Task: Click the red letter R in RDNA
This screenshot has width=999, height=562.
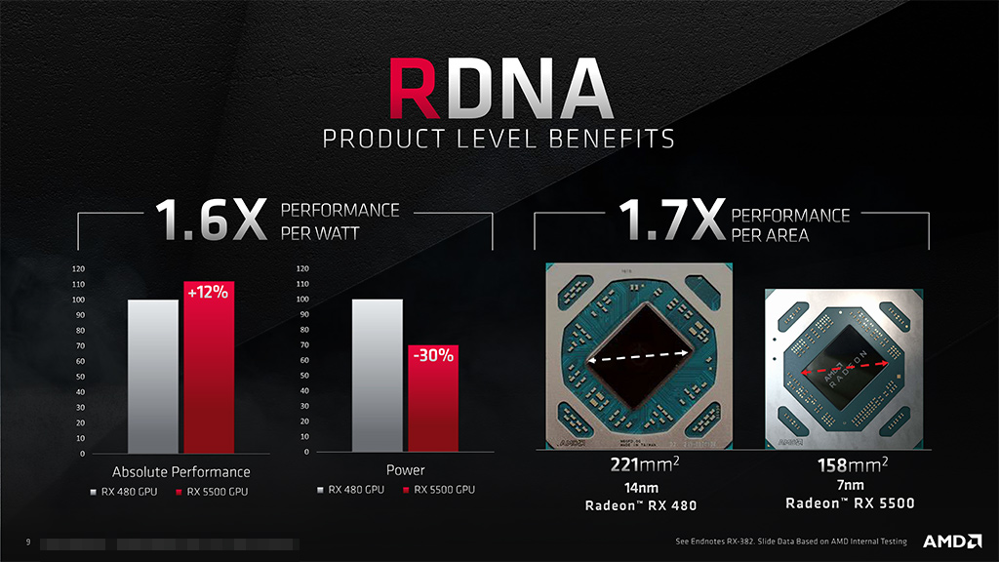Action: (x=422, y=89)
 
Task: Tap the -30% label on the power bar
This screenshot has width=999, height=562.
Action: (x=433, y=355)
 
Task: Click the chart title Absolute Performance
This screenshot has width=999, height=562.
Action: (x=180, y=471)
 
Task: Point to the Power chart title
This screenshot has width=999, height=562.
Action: (x=405, y=470)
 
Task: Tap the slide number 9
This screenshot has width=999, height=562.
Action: (x=28, y=542)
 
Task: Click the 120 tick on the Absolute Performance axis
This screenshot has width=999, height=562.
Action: (x=77, y=268)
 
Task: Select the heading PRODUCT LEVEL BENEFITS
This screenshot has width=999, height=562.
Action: (x=499, y=139)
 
